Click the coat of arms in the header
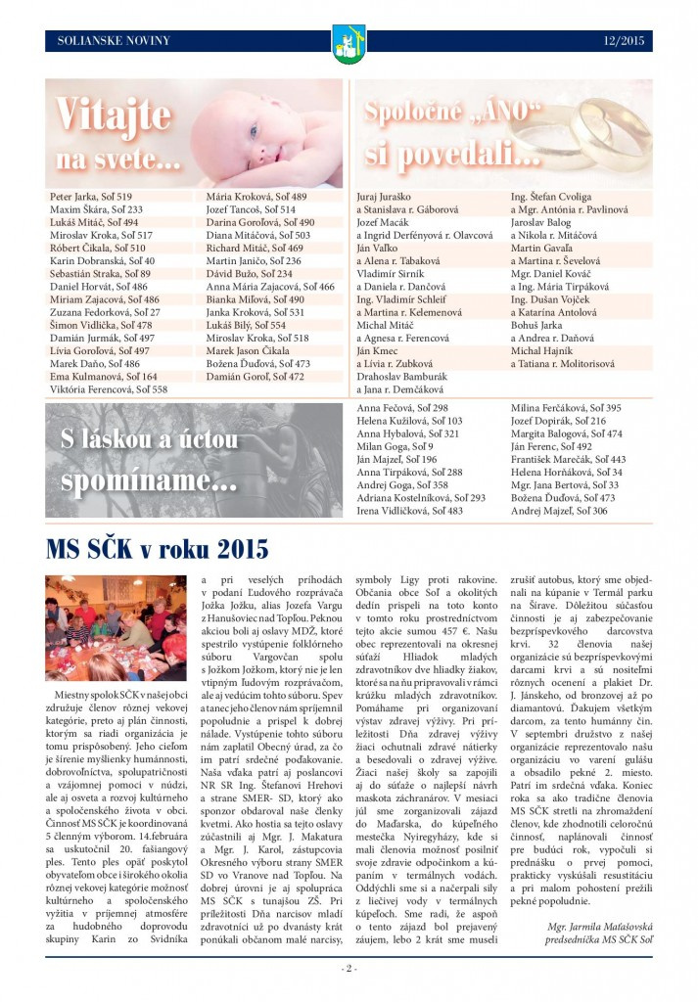349,43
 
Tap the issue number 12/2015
625,41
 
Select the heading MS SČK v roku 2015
157,548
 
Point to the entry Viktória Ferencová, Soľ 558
108,388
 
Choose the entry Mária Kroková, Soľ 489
256,197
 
